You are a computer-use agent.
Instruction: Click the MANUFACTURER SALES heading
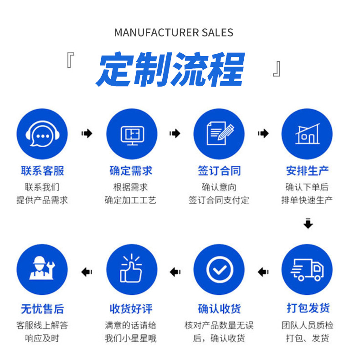point(173,33)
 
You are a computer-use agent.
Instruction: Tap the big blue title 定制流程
point(170,70)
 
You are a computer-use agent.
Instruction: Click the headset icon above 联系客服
point(42,134)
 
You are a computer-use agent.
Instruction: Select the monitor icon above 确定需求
point(132,134)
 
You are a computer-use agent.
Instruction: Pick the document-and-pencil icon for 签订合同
point(219,134)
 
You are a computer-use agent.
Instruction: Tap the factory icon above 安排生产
point(307,134)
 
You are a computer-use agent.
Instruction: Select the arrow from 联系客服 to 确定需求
point(87,133)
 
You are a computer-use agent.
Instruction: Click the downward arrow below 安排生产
point(309,224)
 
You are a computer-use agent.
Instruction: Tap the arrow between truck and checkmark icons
point(263,272)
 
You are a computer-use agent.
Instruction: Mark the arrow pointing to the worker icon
point(87,272)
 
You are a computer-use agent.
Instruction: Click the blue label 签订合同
point(219,171)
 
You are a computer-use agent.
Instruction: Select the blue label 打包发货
point(308,308)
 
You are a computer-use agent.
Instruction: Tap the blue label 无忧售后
point(42,309)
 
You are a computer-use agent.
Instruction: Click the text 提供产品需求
point(42,200)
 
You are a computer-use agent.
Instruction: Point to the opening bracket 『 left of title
point(70,61)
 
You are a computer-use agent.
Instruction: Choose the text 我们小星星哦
point(130,338)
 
